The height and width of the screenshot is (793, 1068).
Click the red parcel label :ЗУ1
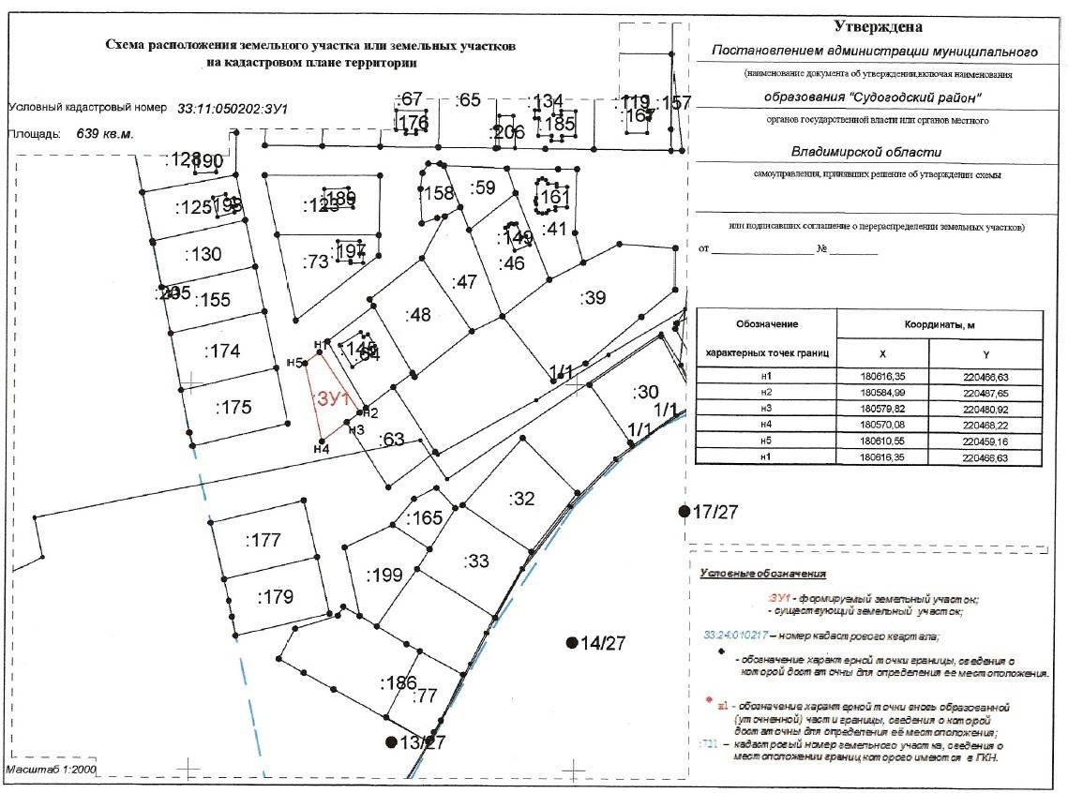332,398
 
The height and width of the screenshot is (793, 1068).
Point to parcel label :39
594,298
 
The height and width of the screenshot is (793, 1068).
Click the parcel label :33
476,561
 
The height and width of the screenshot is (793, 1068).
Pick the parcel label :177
263,540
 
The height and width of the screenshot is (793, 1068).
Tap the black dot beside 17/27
684,510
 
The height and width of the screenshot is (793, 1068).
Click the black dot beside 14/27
571,642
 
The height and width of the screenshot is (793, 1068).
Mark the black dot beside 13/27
391,741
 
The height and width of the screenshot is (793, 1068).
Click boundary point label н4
321,449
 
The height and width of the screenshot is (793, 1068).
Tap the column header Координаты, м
939,324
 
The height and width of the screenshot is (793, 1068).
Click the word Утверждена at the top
878,28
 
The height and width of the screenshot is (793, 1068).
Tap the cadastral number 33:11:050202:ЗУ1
232,109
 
